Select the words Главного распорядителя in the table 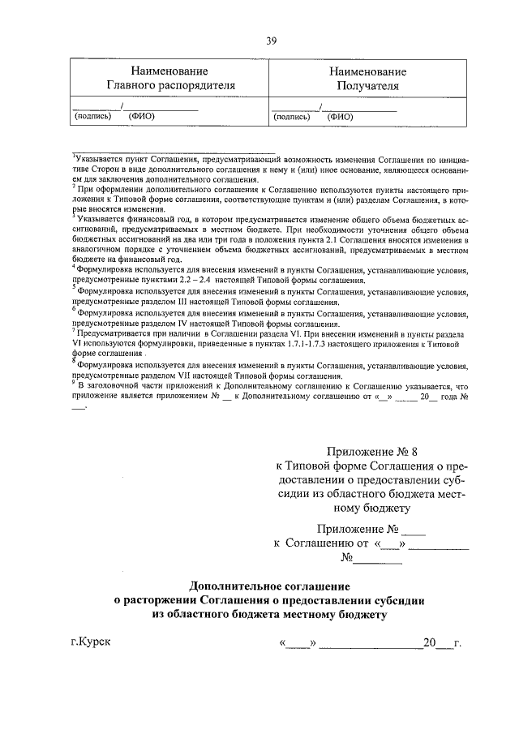(x=169, y=84)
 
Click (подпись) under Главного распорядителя (x=92, y=116)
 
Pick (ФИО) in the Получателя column (x=341, y=116)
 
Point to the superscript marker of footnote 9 (x=73, y=384)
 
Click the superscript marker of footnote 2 (x=73, y=184)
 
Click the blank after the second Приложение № (x=414, y=530)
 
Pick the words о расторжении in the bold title (x=154, y=600)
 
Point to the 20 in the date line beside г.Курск (x=429, y=644)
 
